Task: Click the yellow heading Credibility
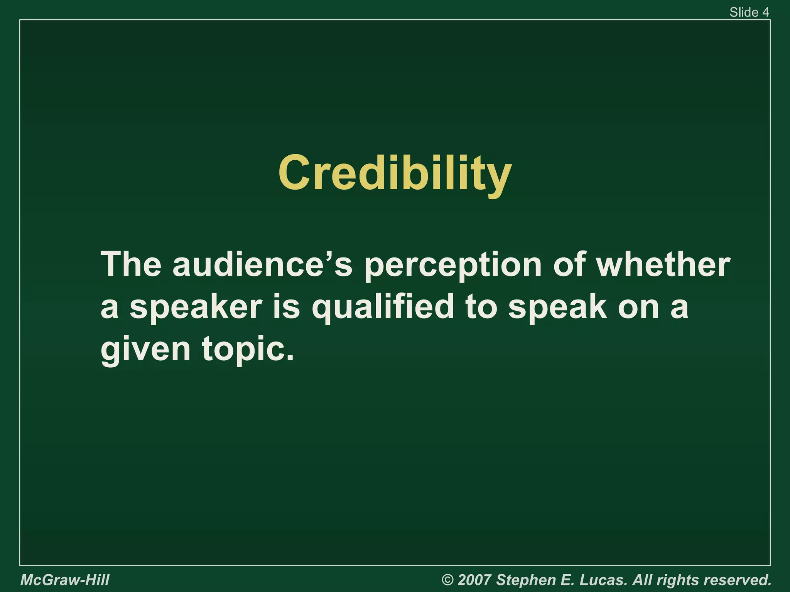(x=395, y=173)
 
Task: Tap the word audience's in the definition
(x=262, y=265)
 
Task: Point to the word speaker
(x=196, y=308)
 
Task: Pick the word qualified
(x=383, y=308)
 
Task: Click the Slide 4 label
(x=749, y=12)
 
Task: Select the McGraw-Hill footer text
(x=65, y=580)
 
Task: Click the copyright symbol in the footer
(x=447, y=580)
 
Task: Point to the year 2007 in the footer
(x=474, y=580)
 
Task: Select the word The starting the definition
(x=130, y=265)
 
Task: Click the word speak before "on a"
(x=557, y=308)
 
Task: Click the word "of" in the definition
(x=569, y=265)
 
